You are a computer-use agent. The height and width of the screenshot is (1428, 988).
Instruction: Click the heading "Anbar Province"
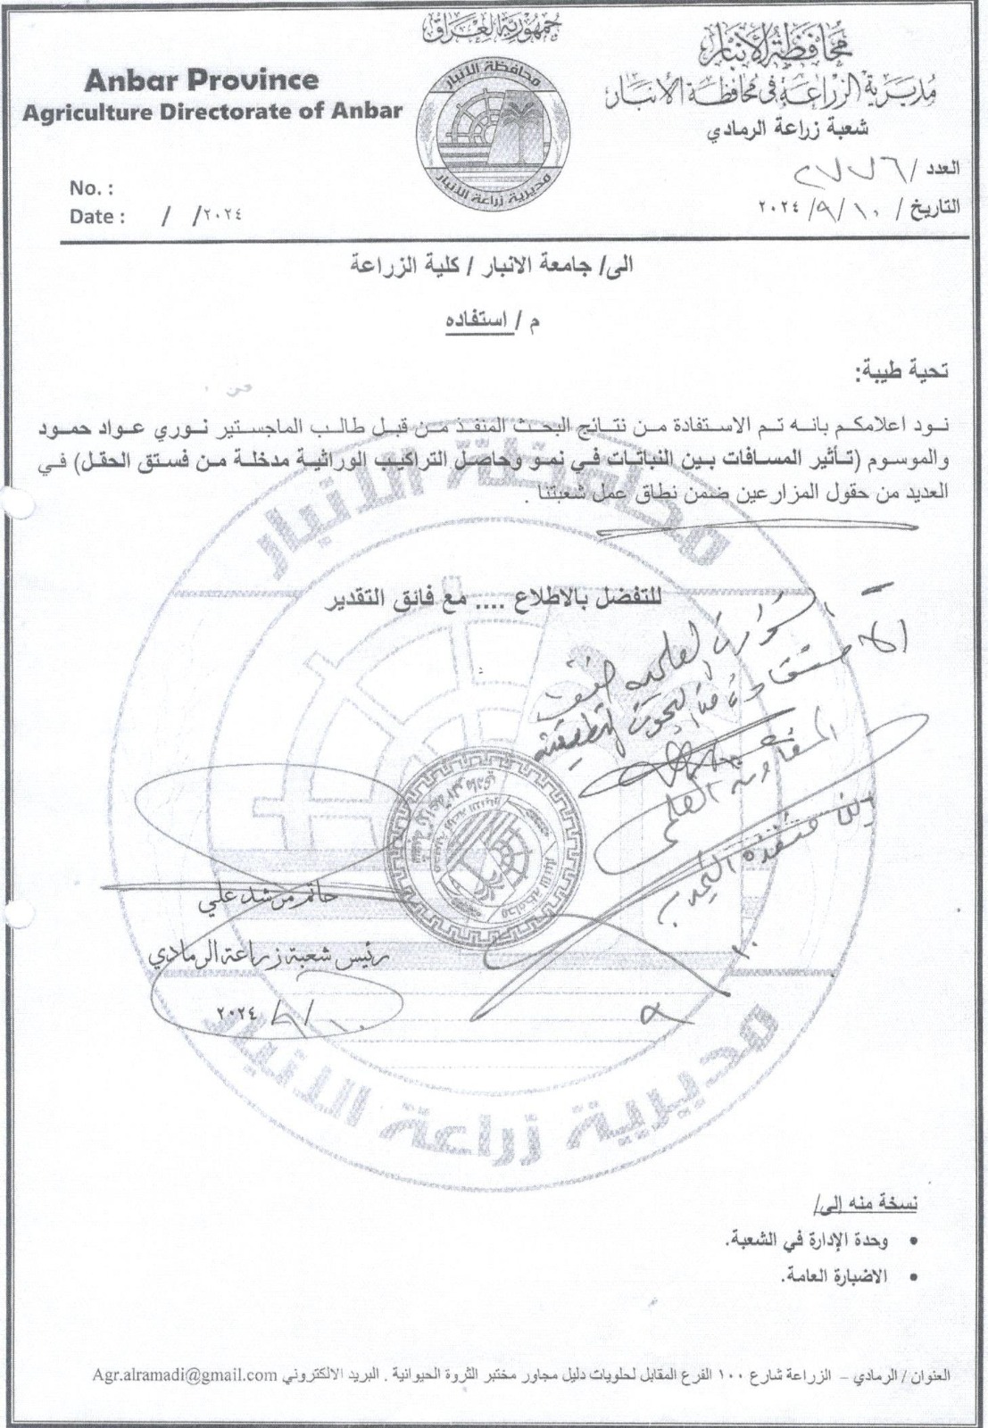tap(202, 80)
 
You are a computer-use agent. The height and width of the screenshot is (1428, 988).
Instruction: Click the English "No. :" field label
tap(91, 188)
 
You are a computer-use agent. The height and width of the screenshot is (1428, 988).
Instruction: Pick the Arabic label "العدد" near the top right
tap(943, 167)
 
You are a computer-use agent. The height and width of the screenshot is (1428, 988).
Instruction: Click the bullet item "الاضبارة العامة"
tap(820, 1278)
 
